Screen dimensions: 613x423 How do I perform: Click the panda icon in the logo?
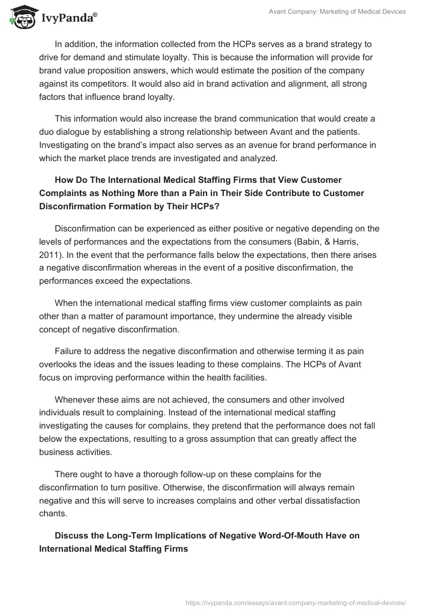[22, 17]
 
